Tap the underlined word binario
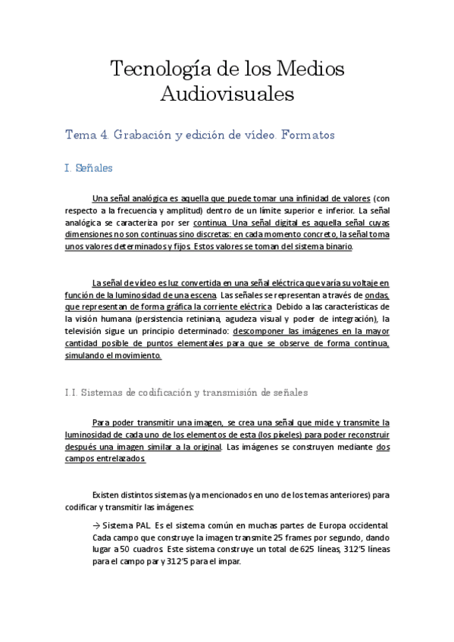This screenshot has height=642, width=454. [x=346, y=247]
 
